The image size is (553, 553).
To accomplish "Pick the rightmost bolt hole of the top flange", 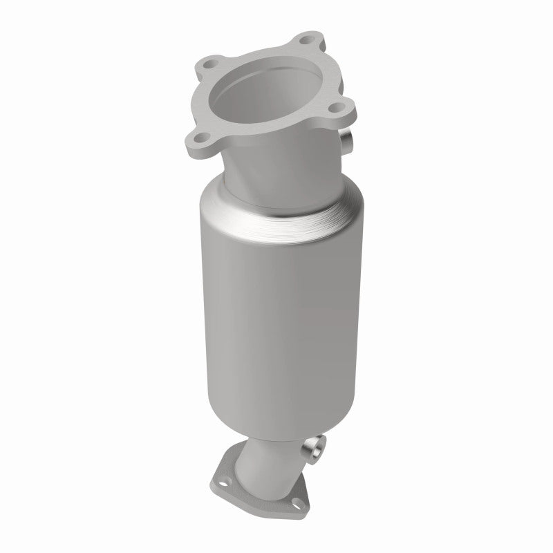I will (337, 108).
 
